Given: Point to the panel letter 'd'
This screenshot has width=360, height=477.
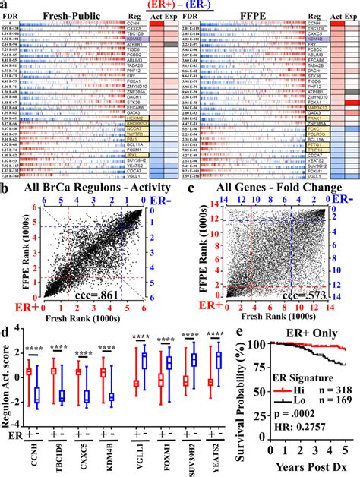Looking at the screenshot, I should tap(6, 350).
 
